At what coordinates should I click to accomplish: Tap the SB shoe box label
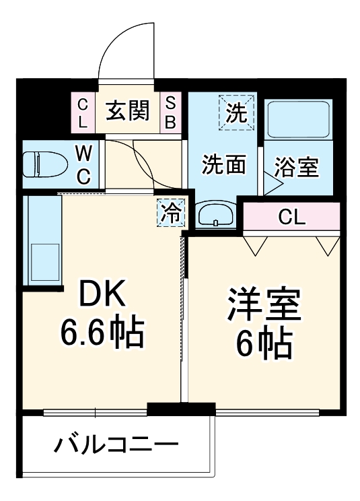coord(171,112)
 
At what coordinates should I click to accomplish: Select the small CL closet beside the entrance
coord(82,112)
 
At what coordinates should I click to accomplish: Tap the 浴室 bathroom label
coord(297,166)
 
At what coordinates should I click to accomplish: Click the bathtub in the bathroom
coord(297,120)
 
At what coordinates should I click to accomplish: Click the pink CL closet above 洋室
coord(292,217)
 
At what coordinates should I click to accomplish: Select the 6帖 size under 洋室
coord(263,345)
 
